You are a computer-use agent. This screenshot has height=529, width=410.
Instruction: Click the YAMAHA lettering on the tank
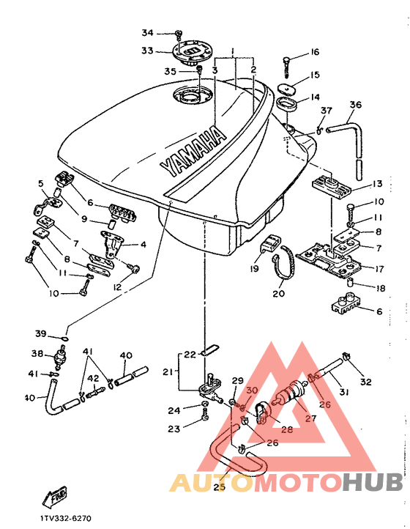(193, 151)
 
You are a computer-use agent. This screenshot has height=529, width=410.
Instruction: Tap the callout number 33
(147, 51)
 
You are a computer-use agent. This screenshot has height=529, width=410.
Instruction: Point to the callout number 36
(355, 105)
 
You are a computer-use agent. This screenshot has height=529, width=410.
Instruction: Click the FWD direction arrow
(54, 497)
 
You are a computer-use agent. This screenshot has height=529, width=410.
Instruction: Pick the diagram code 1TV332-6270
(66, 519)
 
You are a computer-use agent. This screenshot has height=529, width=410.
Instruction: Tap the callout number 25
(219, 487)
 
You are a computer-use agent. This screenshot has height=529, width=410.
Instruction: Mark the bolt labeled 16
(286, 67)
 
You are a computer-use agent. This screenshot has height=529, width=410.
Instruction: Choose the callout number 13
(377, 184)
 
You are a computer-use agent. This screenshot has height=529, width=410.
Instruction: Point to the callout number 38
(37, 354)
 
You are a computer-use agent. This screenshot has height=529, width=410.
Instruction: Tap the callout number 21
(168, 371)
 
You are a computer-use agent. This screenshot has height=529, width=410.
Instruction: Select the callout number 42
(94, 378)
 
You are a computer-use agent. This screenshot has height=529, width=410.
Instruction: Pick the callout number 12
(117, 287)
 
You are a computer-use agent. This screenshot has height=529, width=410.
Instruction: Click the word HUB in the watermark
(373, 482)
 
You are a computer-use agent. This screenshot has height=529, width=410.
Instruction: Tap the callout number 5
(41, 183)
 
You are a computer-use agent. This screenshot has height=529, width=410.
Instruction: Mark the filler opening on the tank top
(192, 95)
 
